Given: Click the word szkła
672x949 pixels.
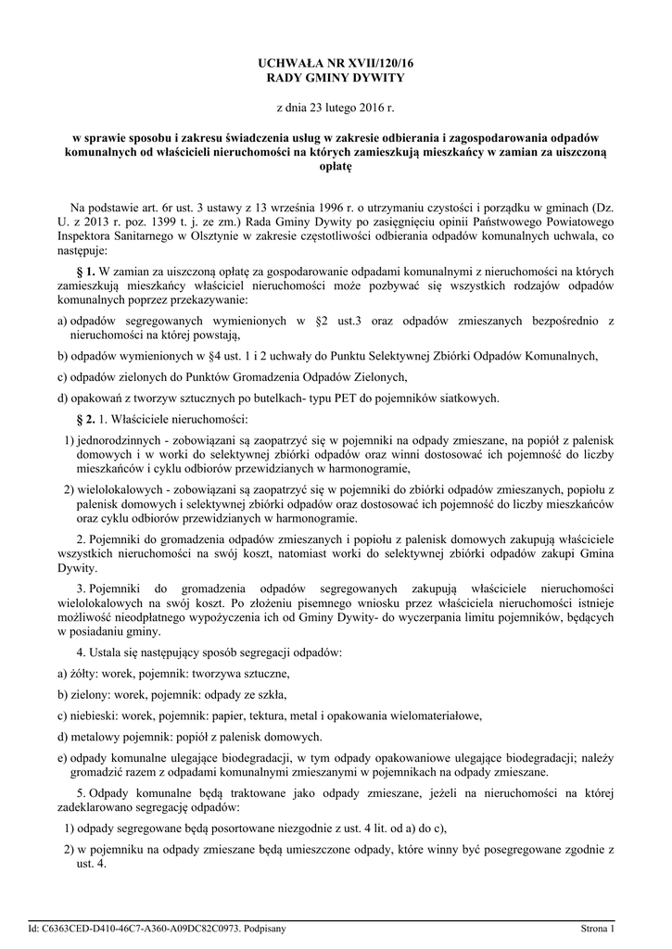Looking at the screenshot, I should [x=270, y=694].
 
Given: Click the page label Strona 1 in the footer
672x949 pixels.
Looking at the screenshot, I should [x=597, y=928].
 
